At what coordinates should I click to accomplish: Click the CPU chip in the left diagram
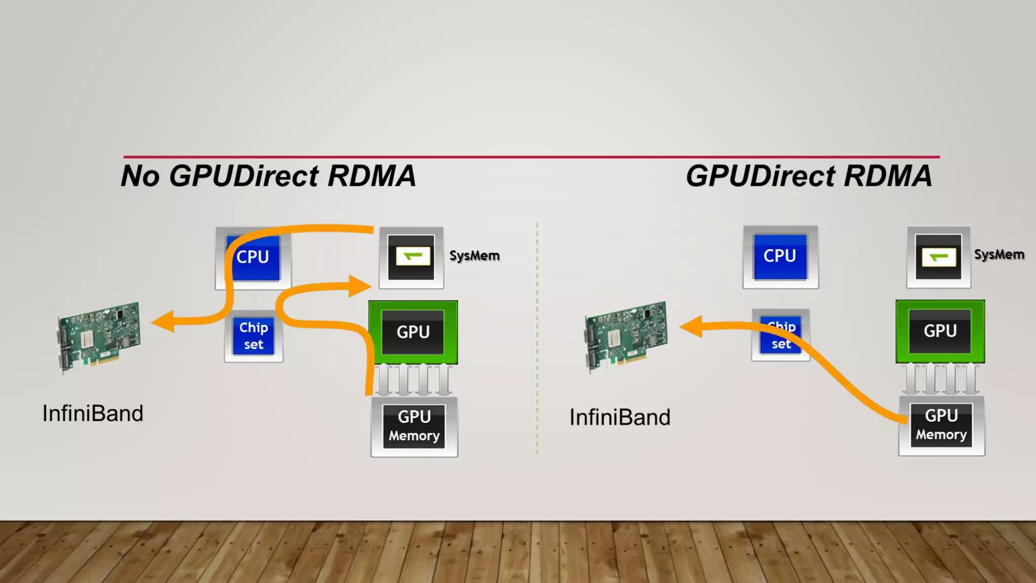pyautogui.click(x=253, y=258)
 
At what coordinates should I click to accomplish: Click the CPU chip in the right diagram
pyautogui.click(x=780, y=257)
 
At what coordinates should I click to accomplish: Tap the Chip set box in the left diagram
pyautogui.click(x=253, y=336)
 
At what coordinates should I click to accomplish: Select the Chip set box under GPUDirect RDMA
pyautogui.click(x=781, y=335)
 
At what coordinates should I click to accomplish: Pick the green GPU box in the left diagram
pyautogui.click(x=413, y=332)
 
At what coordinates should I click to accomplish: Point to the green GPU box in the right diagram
pyautogui.click(x=940, y=331)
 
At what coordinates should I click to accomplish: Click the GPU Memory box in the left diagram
pyautogui.click(x=414, y=427)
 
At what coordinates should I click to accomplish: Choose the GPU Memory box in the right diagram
pyautogui.click(x=941, y=426)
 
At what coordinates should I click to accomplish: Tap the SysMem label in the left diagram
pyautogui.click(x=474, y=256)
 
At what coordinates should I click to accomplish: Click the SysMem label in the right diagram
pyautogui.click(x=999, y=255)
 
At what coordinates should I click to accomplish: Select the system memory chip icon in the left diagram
pyautogui.click(x=411, y=258)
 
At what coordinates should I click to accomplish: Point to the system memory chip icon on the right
pyautogui.click(x=938, y=257)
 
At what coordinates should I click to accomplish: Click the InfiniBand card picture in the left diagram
pyautogui.click(x=98, y=337)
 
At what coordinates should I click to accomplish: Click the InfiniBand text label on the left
pyautogui.click(x=93, y=413)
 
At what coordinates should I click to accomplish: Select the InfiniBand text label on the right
pyautogui.click(x=620, y=418)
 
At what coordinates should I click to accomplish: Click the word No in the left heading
pyautogui.click(x=141, y=176)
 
